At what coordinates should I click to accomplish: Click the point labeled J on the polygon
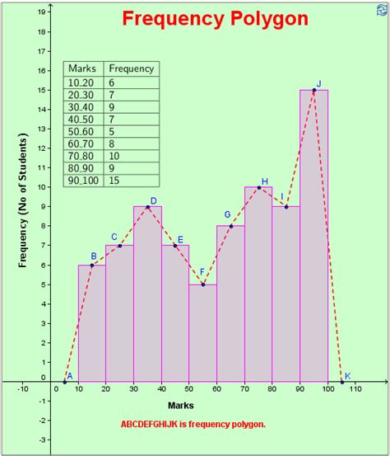point(314,90)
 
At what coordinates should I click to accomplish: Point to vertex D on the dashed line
point(147,206)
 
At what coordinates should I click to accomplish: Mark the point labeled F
point(203,284)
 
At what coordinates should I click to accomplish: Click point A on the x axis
point(64,381)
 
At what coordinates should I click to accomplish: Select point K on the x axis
point(342,381)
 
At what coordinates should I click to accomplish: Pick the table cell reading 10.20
point(81,83)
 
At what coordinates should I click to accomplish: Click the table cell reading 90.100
point(83,179)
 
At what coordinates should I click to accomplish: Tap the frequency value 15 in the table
point(115,179)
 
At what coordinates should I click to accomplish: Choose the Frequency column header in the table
point(131,68)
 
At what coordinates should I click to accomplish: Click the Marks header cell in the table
point(83,68)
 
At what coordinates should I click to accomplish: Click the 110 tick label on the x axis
point(355,388)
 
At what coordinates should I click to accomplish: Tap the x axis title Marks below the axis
point(181,406)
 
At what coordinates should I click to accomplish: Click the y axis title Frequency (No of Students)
point(24,206)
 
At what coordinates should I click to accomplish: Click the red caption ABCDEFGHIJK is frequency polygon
point(193,425)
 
